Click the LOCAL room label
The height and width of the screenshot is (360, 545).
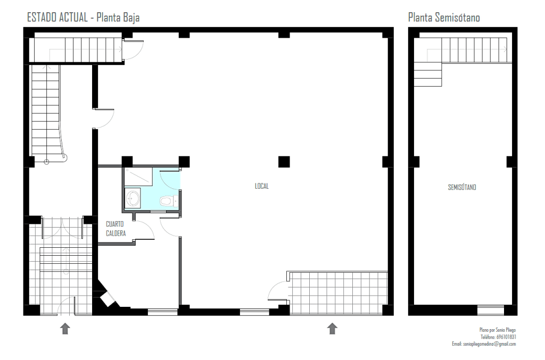pos(262,186)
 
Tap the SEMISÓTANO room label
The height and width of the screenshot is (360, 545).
pos(462,188)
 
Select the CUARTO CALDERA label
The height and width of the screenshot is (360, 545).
pos(115,229)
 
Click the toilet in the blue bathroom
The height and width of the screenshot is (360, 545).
pos(169,201)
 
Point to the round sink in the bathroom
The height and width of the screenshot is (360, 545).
pos(133,198)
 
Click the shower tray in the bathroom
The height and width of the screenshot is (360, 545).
pos(138,177)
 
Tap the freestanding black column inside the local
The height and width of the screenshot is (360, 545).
pos(284,162)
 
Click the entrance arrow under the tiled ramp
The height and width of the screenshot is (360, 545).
pos(332,329)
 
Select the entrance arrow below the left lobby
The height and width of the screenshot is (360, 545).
pos(65,329)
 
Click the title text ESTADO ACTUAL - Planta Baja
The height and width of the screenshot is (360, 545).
pos(84,18)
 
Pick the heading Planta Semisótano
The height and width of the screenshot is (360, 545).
pos(444,18)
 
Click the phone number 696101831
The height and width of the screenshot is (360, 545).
pos(506,337)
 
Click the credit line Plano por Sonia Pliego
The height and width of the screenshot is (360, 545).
pos(498,330)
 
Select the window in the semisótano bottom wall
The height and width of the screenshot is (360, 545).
pos(490,309)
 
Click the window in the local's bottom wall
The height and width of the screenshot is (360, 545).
pos(254,312)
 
